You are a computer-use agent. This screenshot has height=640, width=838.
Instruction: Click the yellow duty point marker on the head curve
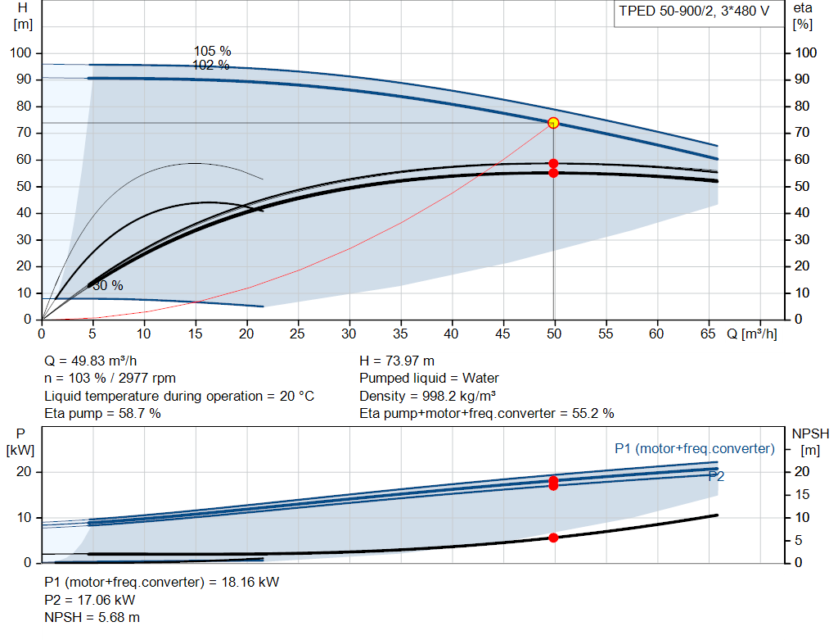(x=553, y=123)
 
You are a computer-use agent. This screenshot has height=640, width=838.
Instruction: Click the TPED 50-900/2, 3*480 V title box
(x=699, y=13)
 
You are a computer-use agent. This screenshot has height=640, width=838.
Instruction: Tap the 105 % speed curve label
(x=212, y=52)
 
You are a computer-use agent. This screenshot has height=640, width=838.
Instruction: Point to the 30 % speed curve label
(x=108, y=286)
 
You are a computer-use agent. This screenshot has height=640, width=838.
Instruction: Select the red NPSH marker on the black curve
(x=553, y=538)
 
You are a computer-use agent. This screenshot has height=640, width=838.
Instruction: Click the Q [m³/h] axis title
(x=751, y=334)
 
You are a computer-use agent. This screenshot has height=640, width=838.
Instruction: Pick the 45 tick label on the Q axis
(x=502, y=334)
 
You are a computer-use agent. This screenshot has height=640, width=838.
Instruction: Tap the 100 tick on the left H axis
(x=20, y=53)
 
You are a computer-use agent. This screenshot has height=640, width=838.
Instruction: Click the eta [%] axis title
(x=803, y=16)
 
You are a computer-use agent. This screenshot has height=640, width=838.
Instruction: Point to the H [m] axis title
(x=23, y=16)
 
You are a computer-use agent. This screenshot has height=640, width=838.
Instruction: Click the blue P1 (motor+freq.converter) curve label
(x=694, y=448)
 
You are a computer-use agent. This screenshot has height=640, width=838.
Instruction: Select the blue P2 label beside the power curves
(x=716, y=476)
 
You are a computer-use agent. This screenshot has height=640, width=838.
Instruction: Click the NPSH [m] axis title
(x=810, y=442)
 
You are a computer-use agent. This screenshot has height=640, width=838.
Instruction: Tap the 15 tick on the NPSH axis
(x=802, y=494)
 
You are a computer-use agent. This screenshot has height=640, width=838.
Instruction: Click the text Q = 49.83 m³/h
(x=90, y=361)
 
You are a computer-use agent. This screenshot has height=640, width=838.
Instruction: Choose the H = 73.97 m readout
(x=397, y=361)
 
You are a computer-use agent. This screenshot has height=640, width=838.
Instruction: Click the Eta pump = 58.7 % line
(x=102, y=413)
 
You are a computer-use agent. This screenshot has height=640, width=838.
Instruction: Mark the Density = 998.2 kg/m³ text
(x=427, y=396)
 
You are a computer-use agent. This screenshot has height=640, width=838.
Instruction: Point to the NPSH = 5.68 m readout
(x=92, y=617)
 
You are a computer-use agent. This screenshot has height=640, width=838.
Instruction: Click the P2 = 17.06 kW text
(x=89, y=600)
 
